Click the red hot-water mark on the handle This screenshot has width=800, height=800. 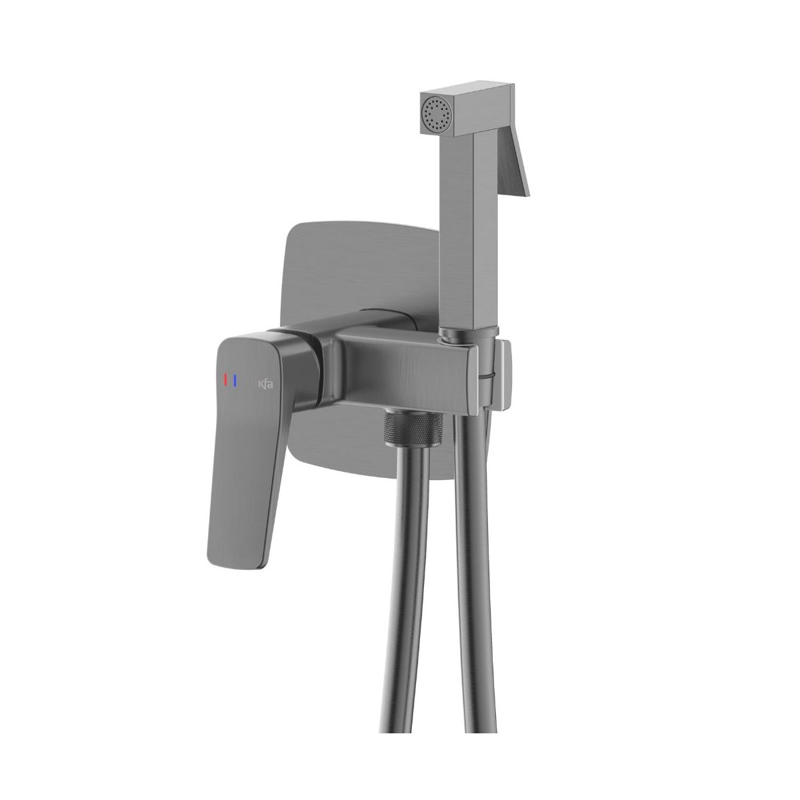[226, 380]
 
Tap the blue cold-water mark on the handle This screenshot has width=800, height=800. [235, 380]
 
